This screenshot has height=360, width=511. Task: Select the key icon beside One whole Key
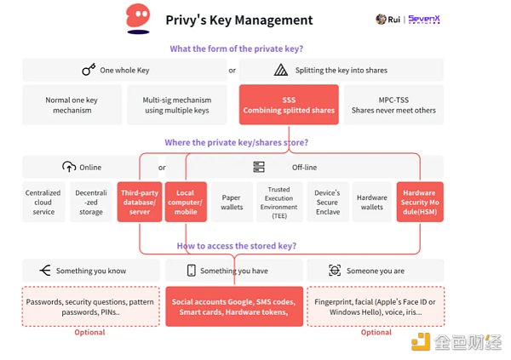pos(89,70)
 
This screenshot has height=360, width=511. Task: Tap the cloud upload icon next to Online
pos(69,167)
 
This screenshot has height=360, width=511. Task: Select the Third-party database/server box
pos(138,202)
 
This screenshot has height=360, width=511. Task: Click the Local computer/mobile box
pos(184,202)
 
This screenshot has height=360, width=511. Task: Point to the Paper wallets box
pos(232,202)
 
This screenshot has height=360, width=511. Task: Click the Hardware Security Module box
pos(418,202)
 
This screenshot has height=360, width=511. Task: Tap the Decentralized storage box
pos(90,202)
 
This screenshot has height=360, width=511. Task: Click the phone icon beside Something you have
pos(192,271)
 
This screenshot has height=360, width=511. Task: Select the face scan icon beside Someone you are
pos(335,271)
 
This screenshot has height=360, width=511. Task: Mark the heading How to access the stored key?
pos(236,246)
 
